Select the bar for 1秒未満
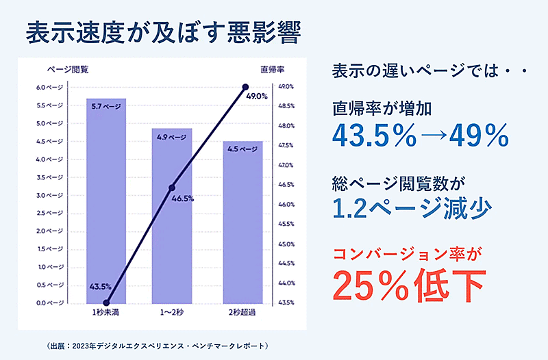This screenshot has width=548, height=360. (x=106, y=205)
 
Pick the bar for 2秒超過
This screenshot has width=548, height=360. (x=242, y=226)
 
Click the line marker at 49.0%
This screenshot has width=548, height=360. (x=246, y=87)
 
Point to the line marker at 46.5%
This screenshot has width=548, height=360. (x=172, y=188)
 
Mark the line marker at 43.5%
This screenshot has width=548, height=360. (x=106, y=302)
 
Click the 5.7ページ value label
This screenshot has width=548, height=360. (x=105, y=107)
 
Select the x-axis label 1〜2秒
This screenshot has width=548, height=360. (x=172, y=313)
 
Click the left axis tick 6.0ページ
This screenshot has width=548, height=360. (x=50, y=88)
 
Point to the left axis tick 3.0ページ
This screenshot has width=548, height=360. (x=50, y=195)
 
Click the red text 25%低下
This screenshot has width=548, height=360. (x=409, y=283)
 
